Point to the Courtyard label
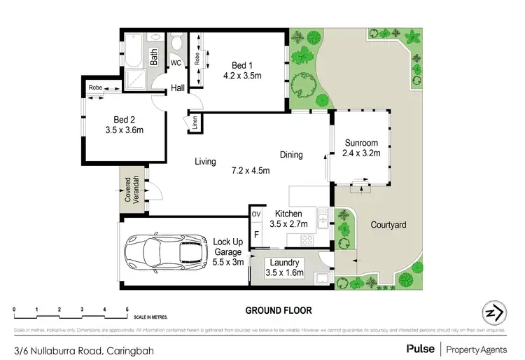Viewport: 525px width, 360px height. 384,226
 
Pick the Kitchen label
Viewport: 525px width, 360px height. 288,214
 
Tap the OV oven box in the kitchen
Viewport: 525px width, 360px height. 256,214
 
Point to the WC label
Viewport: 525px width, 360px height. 176,63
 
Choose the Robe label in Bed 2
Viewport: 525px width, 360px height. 96,88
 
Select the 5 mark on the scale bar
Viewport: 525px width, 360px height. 127,309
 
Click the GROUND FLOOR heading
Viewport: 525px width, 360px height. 278,310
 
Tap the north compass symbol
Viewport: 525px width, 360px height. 493,313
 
